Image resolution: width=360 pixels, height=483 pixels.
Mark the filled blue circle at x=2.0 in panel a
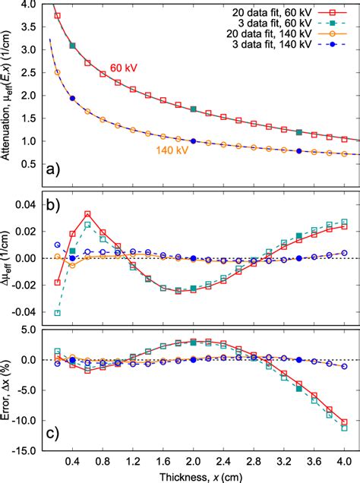[193, 141]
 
